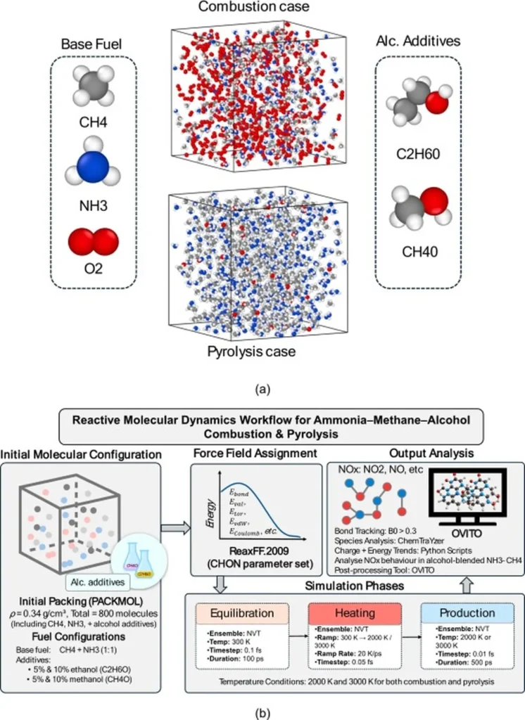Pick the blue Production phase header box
(467, 614)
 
